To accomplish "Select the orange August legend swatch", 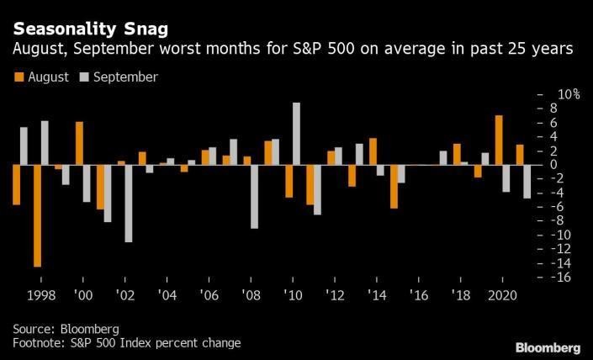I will pos(19,77).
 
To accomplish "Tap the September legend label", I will pos(125,77).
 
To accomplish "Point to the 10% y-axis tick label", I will pos(566,93).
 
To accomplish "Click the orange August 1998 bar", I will pos(37,215).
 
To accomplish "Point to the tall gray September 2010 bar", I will pos(297,134).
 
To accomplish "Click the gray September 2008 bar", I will pos(254,197).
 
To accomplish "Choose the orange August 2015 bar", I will pos(394,186).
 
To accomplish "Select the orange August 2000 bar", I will pos(79,143).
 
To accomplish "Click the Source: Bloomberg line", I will pos(65,328).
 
